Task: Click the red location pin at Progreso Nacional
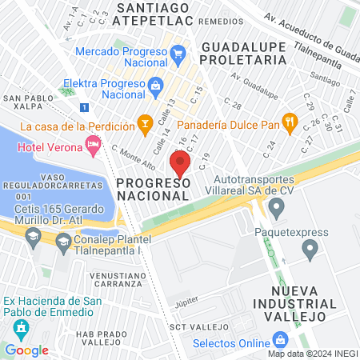click(180, 164)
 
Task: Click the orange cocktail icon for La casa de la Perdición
click(144, 122)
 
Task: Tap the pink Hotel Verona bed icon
click(94, 145)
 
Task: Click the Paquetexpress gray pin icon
click(310, 251)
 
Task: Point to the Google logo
click(26, 350)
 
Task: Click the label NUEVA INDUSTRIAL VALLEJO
click(289, 303)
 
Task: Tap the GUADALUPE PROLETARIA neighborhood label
click(242, 52)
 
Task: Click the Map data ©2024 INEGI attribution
click(312, 354)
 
